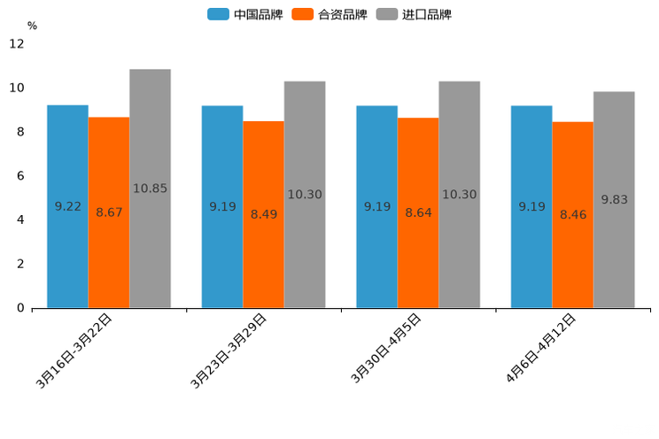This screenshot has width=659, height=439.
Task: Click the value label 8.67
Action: pyautogui.click(x=110, y=212)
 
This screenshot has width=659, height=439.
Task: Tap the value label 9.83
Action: pyautogui.click(x=614, y=200)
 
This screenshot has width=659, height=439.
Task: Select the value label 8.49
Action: pyautogui.click(x=263, y=214)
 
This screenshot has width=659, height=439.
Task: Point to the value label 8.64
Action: pyautogui.click(x=418, y=212)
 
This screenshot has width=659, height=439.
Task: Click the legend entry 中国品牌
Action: pyautogui.click(x=245, y=14)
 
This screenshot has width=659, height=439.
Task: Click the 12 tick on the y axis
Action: pyautogui.click(x=17, y=43)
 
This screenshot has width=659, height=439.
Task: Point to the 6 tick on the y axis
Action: pyautogui.click(x=20, y=176)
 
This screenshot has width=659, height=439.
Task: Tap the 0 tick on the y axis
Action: pyautogui.click(x=20, y=308)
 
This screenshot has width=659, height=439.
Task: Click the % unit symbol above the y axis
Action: pyautogui.click(x=32, y=27)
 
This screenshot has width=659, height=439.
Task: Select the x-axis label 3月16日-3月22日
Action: pyautogui.click(x=75, y=350)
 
